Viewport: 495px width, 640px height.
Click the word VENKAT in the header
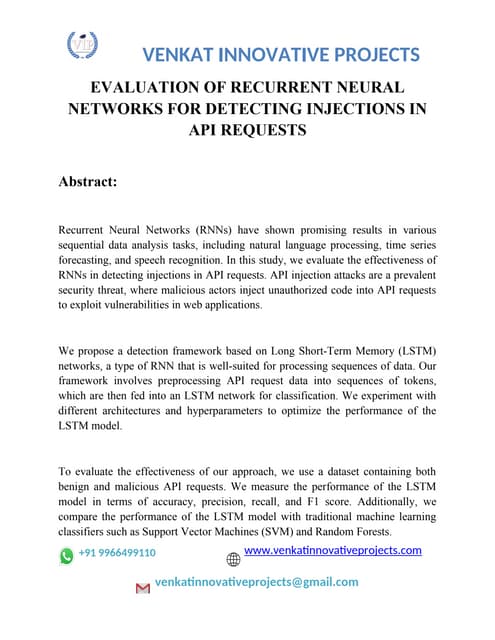tap(183, 54)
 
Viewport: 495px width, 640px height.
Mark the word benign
tap(79, 487)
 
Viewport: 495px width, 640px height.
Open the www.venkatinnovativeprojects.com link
tap(333, 551)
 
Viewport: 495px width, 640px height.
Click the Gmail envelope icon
tap(142, 590)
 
